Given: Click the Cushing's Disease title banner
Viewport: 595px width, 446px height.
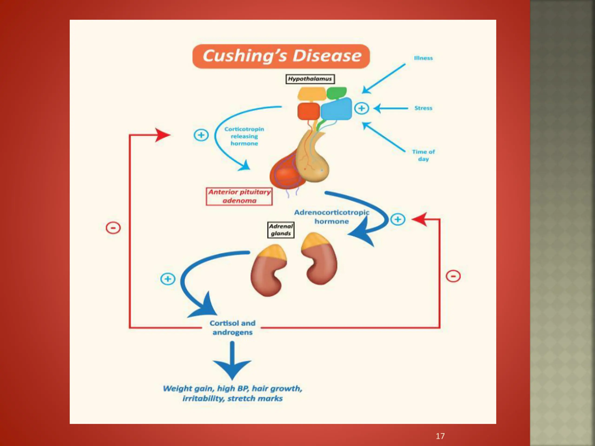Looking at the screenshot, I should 281,56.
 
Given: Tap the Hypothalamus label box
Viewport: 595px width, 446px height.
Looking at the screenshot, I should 310,79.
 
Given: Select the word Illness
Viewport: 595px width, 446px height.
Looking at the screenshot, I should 423,58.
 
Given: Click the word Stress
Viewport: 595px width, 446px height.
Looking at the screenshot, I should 423,108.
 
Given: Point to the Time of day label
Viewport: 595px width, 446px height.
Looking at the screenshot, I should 423,155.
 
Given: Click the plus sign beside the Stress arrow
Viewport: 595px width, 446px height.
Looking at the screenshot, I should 361,108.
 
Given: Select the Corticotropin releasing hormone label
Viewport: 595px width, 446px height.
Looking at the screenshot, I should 244,136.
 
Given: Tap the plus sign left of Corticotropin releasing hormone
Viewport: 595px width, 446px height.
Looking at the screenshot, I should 201,135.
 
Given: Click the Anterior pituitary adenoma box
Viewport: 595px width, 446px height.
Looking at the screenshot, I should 239,196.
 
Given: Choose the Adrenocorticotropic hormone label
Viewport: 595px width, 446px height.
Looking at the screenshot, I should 331,217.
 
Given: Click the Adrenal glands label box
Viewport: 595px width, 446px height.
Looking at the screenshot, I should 281,230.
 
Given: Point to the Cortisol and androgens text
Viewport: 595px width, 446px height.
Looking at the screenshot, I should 232,328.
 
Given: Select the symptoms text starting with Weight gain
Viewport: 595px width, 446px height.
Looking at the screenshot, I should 232,393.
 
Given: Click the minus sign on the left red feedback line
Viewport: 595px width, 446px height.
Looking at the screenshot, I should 113,228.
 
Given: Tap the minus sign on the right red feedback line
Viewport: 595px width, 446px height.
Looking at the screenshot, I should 453,276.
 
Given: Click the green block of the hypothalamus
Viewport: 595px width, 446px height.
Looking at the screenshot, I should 337,93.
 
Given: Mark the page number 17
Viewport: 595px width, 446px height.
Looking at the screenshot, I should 440,436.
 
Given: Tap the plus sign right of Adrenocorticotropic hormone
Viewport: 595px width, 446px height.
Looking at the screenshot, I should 398,219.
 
